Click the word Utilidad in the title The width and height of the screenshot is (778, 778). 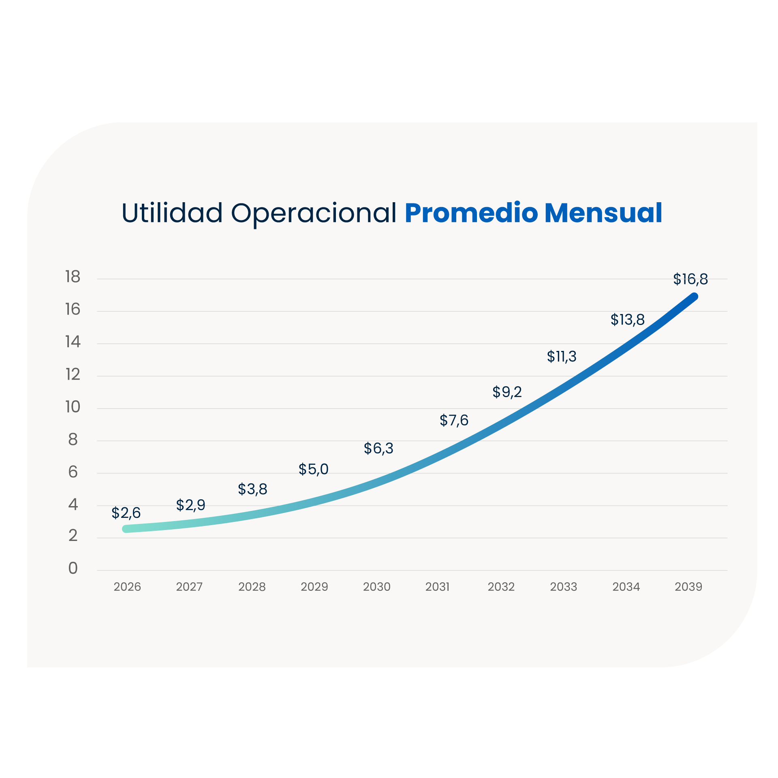[x=172, y=213]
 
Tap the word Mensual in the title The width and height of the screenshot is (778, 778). [x=603, y=213]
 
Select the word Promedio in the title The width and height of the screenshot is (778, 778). [x=471, y=213]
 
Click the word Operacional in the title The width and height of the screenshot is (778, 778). [x=314, y=214]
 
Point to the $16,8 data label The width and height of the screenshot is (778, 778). [x=690, y=279]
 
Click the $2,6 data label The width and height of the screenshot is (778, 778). [x=126, y=513]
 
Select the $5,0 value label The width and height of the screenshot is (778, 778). [x=313, y=469]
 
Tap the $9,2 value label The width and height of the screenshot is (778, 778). [x=507, y=391]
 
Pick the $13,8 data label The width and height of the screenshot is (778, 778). [x=627, y=319]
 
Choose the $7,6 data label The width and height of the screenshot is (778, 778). [x=454, y=420]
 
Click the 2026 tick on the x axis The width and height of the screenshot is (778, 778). [x=127, y=586]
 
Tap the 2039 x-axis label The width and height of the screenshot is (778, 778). [x=688, y=586]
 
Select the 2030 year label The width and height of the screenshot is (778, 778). [x=376, y=586]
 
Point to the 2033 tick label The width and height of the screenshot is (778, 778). [x=563, y=586]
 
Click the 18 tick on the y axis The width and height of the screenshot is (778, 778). [x=73, y=277]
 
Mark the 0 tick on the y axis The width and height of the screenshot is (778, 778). [x=73, y=568]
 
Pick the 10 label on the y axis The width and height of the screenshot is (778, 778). [x=73, y=407]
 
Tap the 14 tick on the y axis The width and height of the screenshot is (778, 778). [x=73, y=342]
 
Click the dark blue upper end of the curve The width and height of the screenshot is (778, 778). [x=693, y=297]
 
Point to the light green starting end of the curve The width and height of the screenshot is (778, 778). [x=126, y=529]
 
